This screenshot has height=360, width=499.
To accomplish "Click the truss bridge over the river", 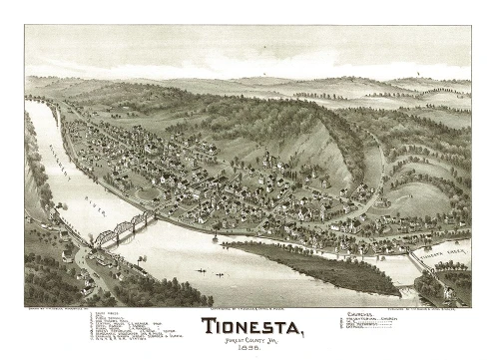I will coord(121,230).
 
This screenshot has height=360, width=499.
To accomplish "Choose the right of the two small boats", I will coord(215,273).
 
